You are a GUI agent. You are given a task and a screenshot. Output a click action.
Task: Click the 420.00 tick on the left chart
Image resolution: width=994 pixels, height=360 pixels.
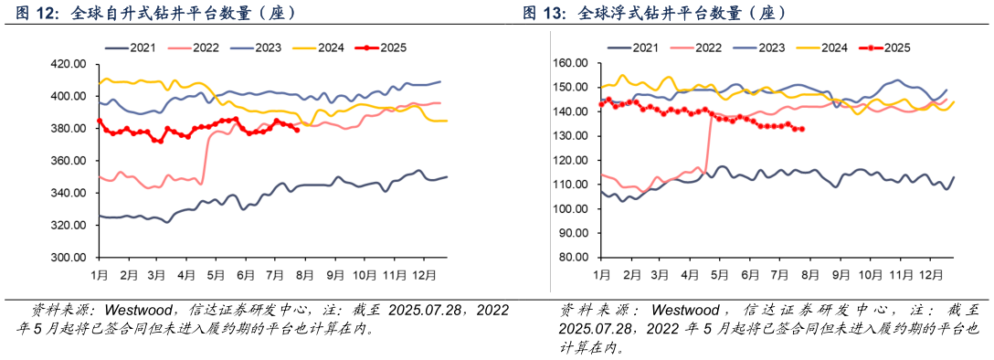coord(69,64)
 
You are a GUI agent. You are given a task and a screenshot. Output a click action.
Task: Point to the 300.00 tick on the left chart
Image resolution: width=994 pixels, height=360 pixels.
coord(69,258)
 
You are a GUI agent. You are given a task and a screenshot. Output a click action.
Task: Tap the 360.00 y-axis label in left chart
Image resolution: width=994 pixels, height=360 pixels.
coord(69,161)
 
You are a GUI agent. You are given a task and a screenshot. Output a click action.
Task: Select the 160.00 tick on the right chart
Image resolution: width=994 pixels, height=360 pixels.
coord(571,63)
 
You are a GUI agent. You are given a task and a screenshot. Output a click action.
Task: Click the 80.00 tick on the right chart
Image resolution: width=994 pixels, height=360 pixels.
coord(574,258)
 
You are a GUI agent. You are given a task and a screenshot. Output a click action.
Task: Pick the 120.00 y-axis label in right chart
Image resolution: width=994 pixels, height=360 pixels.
coord(571,160)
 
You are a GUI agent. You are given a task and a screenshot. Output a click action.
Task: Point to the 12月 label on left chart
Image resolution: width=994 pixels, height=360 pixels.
coord(423,274)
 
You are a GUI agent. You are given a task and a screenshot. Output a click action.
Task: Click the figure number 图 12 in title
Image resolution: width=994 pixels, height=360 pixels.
coord(36,14)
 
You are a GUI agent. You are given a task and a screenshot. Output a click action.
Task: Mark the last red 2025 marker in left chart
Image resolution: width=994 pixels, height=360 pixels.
coord(297,129)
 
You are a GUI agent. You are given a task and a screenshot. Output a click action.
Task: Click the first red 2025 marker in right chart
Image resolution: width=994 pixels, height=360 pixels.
coord(601,104)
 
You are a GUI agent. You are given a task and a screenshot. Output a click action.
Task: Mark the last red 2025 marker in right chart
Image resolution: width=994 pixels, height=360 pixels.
coord(802,129)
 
